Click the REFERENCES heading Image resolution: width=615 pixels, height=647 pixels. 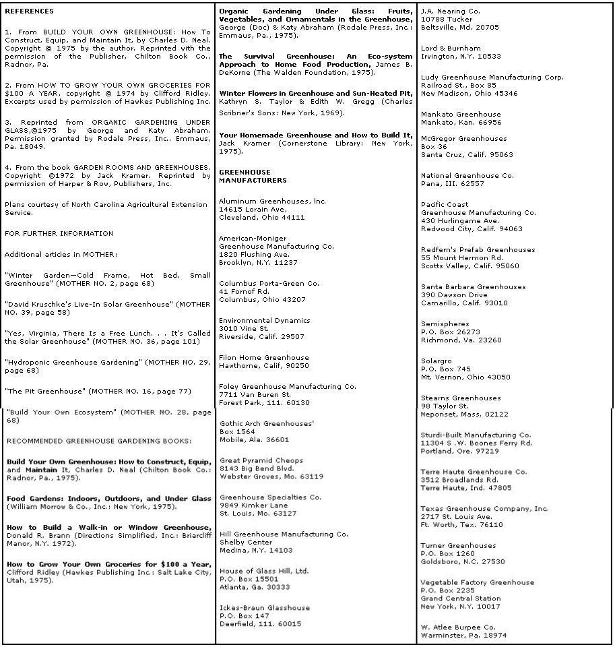point(29,11)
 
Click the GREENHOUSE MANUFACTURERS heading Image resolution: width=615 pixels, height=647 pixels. point(252,177)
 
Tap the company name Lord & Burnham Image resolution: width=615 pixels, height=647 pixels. point(451,49)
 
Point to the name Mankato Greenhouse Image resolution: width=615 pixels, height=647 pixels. point(461,115)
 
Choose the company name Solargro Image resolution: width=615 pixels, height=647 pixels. point(436,361)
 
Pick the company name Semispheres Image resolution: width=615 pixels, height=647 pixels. point(445,324)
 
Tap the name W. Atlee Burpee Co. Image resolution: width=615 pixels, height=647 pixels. point(458,627)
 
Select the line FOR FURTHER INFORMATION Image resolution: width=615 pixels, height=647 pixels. point(59,234)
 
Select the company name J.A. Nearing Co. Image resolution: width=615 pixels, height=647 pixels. point(450,11)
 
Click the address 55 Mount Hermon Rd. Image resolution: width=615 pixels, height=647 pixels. point(462,258)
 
